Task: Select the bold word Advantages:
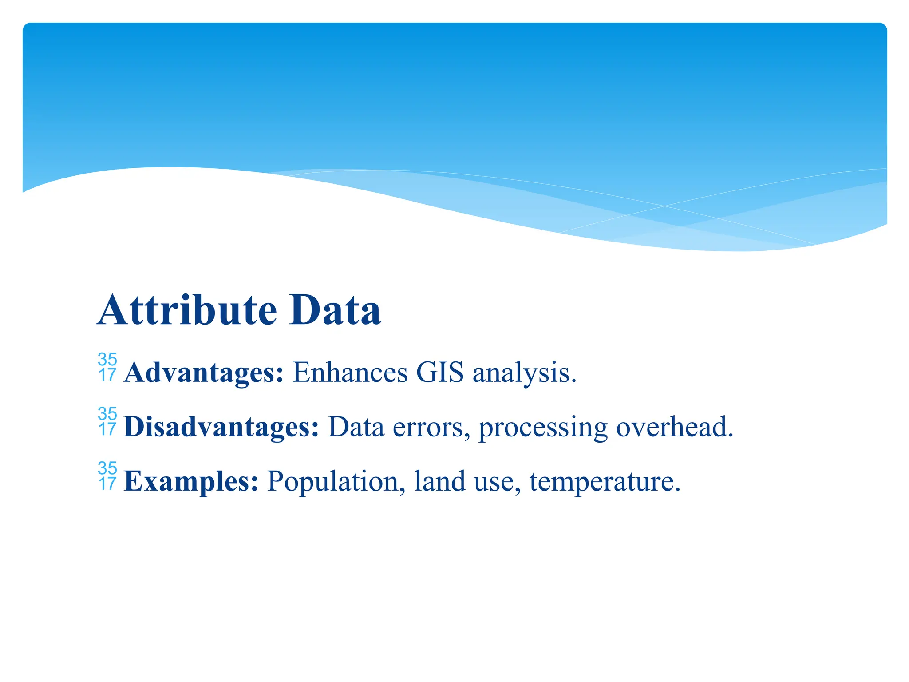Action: pos(204,373)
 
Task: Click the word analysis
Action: pos(524,373)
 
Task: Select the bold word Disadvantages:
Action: pos(221,427)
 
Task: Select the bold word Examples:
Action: pos(191,482)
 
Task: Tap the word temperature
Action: pos(605,482)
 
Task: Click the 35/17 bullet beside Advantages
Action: pos(107,367)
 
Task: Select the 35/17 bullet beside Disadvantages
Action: pos(107,422)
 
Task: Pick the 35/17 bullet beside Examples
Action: pos(107,476)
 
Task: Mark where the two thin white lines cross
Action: pos(664,206)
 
